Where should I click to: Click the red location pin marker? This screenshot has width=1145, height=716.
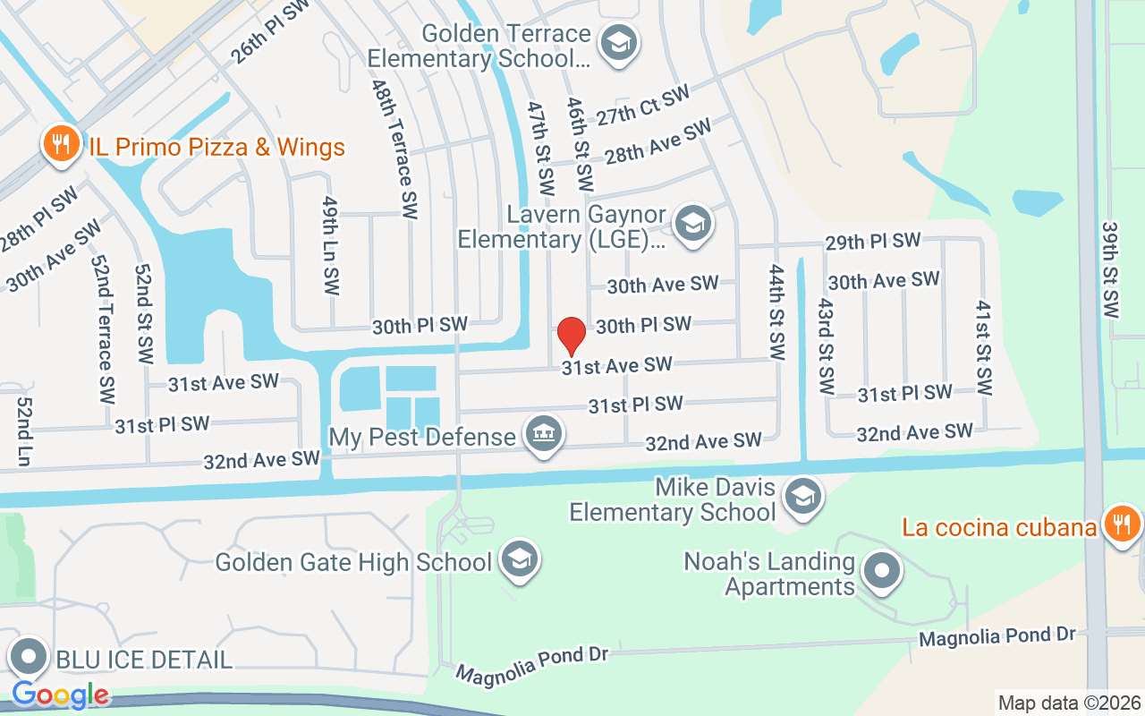tap(572, 336)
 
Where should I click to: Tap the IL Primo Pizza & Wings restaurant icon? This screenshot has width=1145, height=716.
tap(61, 145)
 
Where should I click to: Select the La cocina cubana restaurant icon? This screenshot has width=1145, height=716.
tap(1119, 523)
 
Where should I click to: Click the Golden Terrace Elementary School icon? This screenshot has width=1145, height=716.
tap(617, 43)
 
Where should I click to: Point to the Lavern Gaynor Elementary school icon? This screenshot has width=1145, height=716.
tap(692, 224)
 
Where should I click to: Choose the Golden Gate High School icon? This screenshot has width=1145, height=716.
tap(517, 559)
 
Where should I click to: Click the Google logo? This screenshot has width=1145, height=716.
tap(61, 695)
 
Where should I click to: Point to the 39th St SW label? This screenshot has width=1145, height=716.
tap(1110, 270)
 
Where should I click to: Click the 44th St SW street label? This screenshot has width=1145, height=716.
tap(776, 312)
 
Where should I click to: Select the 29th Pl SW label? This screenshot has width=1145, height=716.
tap(872, 241)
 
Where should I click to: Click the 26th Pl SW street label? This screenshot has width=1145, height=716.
tap(269, 31)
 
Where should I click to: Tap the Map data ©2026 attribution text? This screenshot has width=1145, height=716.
tap(1069, 703)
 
